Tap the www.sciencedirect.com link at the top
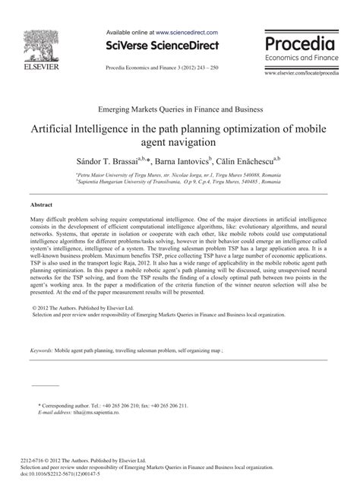pyautogui.click(x=186, y=33)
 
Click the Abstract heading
pyautogui.click(x=41, y=206)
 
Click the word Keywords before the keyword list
pyautogui.click(x=41, y=351)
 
